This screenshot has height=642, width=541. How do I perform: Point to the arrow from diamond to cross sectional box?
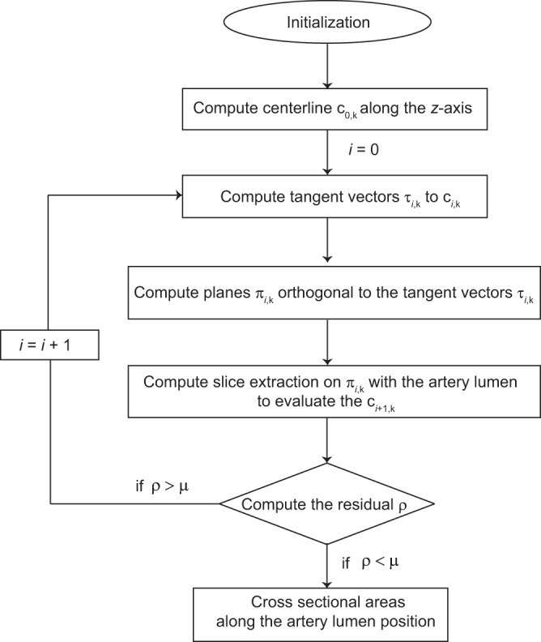[326, 563]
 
